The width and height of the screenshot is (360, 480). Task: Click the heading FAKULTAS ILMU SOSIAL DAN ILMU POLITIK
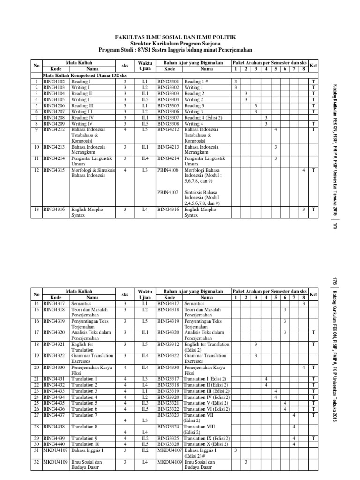[x=176, y=37]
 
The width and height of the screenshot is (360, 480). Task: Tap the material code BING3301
[x=168, y=81]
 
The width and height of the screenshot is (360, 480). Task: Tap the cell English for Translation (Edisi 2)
[x=206, y=347]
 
